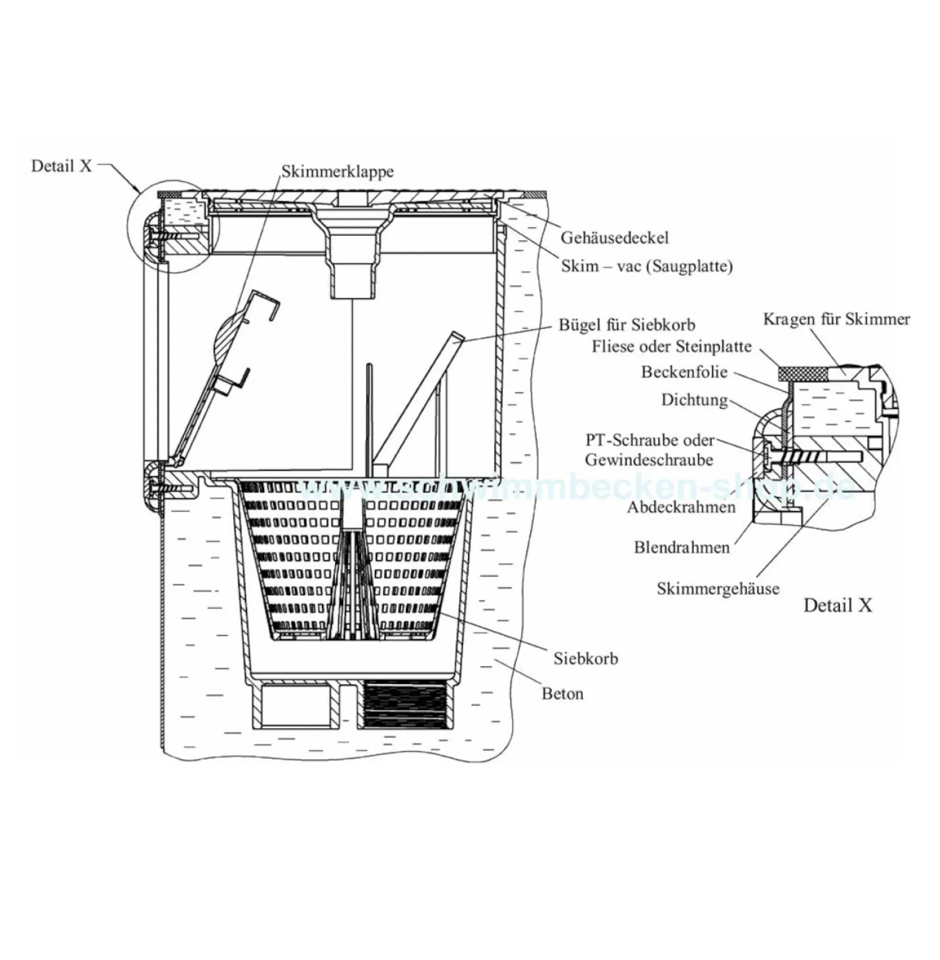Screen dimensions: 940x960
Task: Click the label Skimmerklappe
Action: [x=337, y=171]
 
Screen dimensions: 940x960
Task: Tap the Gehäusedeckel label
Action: [x=614, y=237]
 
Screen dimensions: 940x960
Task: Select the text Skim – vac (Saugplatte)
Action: [x=647, y=266]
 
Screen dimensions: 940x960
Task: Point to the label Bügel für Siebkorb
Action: [x=627, y=325]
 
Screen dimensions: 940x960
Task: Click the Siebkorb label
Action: [x=586, y=658]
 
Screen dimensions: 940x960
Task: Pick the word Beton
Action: [x=563, y=693]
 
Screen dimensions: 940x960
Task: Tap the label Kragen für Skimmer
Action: [x=836, y=319]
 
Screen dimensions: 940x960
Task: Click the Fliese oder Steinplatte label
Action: [x=671, y=346]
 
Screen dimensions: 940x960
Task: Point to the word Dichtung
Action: [x=694, y=400]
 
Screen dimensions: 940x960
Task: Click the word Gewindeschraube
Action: [x=649, y=460]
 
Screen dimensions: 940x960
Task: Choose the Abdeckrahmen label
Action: [x=681, y=507]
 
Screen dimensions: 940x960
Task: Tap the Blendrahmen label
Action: [x=681, y=547]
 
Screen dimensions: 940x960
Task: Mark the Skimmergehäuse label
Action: [x=718, y=588]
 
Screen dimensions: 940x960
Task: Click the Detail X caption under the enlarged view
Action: [x=838, y=605]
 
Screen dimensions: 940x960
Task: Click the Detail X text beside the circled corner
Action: [x=62, y=166]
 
